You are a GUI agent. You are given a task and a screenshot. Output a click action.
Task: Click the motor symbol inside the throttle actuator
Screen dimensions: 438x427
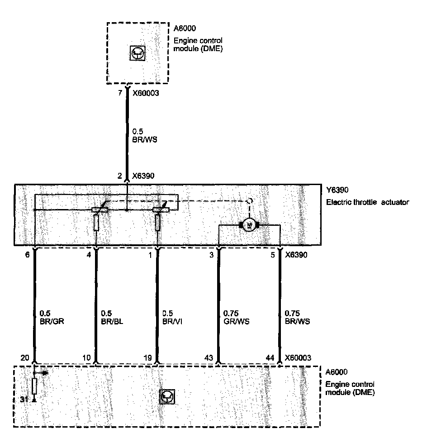tap(248, 224)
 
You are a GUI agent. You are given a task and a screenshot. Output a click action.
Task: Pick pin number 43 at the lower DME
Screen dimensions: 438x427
tap(209, 357)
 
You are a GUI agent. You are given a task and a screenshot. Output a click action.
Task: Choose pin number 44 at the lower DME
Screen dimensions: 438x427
tap(270, 357)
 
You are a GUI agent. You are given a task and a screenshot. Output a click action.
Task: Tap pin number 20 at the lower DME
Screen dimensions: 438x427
tap(25, 357)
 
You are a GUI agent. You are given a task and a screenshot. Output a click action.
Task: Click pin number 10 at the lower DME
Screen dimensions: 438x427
tap(87, 357)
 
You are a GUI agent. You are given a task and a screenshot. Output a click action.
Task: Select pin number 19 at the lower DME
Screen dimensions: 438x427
tap(148, 357)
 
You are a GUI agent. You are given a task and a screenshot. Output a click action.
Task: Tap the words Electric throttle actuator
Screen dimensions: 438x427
tap(367, 202)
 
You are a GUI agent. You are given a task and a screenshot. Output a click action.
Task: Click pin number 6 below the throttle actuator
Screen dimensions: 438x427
tap(27, 255)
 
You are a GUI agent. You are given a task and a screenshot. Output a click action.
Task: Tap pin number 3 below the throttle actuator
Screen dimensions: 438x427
tap(211, 255)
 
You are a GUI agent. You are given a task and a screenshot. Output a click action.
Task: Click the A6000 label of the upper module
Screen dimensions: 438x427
tap(185, 29)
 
